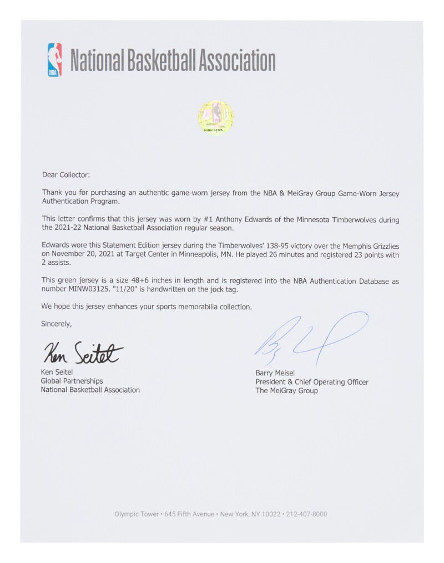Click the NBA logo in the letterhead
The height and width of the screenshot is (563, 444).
pos(54,60)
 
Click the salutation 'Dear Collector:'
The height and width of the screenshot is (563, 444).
pos(65,174)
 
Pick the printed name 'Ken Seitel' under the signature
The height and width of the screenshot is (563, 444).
pos(58,372)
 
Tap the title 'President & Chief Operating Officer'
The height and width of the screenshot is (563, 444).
pos(311,382)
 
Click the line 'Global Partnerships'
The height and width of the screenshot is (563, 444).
pos(72,381)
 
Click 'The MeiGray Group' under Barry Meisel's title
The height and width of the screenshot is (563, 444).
pos(286,391)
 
